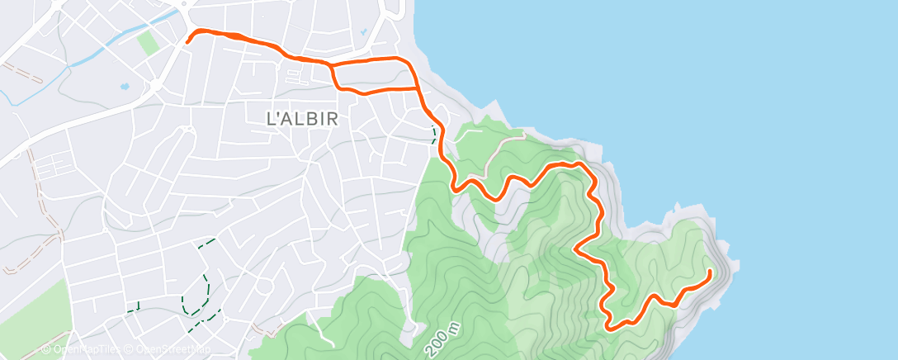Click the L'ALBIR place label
pyautogui.click(x=303, y=118)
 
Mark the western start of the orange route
pyautogui.click(x=189, y=40)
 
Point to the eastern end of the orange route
pyautogui.click(x=710, y=271)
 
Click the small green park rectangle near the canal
pyautogui.click(x=149, y=42)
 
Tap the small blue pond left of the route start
pyautogui.click(x=125, y=85)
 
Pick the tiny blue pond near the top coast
pyautogui.click(x=362, y=33)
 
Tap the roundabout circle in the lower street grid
pyautogui.click(x=263, y=287)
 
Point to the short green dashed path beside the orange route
pyautogui.click(x=434, y=133)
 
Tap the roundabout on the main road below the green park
pyautogui.click(x=155, y=85)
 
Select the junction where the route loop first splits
pyautogui.click(x=331, y=64)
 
